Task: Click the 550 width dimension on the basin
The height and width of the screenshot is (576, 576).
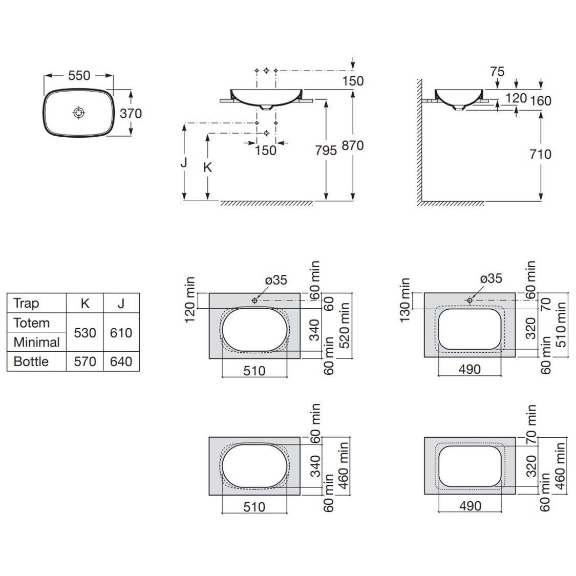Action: (79, 75)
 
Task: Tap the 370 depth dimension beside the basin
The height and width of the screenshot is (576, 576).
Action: (131, 113)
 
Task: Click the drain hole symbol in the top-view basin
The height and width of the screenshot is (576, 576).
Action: (78, 112)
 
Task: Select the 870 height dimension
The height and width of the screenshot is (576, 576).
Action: (353, 145)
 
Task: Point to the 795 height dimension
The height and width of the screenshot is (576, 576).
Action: (326, 150)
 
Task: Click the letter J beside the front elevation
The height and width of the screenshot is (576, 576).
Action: (184, 162)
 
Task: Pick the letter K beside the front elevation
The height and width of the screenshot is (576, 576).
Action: (207, 167)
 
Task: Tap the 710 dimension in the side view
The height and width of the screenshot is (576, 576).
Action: (541, 154)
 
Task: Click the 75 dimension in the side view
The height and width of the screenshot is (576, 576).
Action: (497, 72)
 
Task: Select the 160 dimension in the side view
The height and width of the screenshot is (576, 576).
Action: (541, 100)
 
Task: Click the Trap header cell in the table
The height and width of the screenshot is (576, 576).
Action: (26, 303)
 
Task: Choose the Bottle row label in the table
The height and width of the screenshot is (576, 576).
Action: (31, 361)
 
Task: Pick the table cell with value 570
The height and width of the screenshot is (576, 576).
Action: (85, 361)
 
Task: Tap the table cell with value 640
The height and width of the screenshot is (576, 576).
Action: (121, 361)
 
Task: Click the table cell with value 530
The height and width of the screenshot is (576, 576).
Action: (85, 333)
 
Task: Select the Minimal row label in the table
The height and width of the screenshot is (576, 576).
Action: (36, 342)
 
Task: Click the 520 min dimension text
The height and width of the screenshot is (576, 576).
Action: (344, 325)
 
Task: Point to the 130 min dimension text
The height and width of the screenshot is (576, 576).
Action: (406, 301)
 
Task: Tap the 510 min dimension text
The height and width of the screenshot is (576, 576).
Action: (561, 324)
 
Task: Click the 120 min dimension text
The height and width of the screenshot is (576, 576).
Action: (190, 300)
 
